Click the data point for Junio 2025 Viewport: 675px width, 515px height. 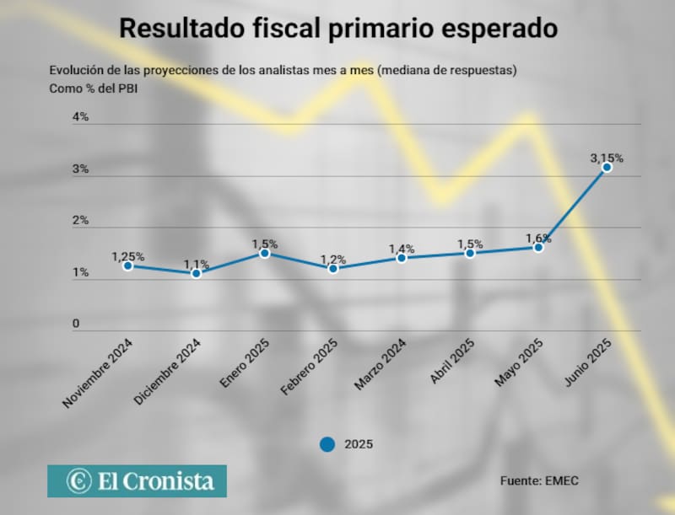[607, 168]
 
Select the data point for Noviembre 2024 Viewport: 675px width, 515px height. [127, 266]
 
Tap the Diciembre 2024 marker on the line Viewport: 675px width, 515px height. [196, 273]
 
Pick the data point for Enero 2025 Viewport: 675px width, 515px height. [264, 253]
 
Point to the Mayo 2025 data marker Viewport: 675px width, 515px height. [538, 248]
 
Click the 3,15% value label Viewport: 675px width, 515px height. [606, 158]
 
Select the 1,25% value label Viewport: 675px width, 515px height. [127, 256]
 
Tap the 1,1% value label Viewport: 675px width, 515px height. [196, 264]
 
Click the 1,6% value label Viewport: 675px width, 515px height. [537, 239]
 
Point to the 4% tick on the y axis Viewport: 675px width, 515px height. [80, 117]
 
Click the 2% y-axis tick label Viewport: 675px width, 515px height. [80, 221]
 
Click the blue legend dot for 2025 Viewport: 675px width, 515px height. [327, 444]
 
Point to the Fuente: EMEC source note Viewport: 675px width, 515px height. [540, 480]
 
